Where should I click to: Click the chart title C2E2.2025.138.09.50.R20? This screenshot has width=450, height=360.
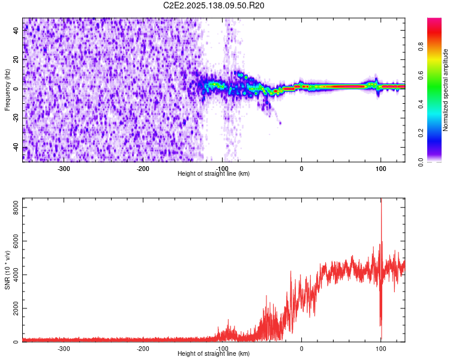coord(214,5)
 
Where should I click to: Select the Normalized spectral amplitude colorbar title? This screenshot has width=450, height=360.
coord(445,90)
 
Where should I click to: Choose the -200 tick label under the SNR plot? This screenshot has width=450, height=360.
coord(143,349)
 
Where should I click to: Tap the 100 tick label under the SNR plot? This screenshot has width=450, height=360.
coord(380,349)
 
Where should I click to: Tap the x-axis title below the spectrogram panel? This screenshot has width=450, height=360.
coord(214,174)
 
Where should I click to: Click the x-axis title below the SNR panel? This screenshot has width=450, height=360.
coord(214,354)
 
